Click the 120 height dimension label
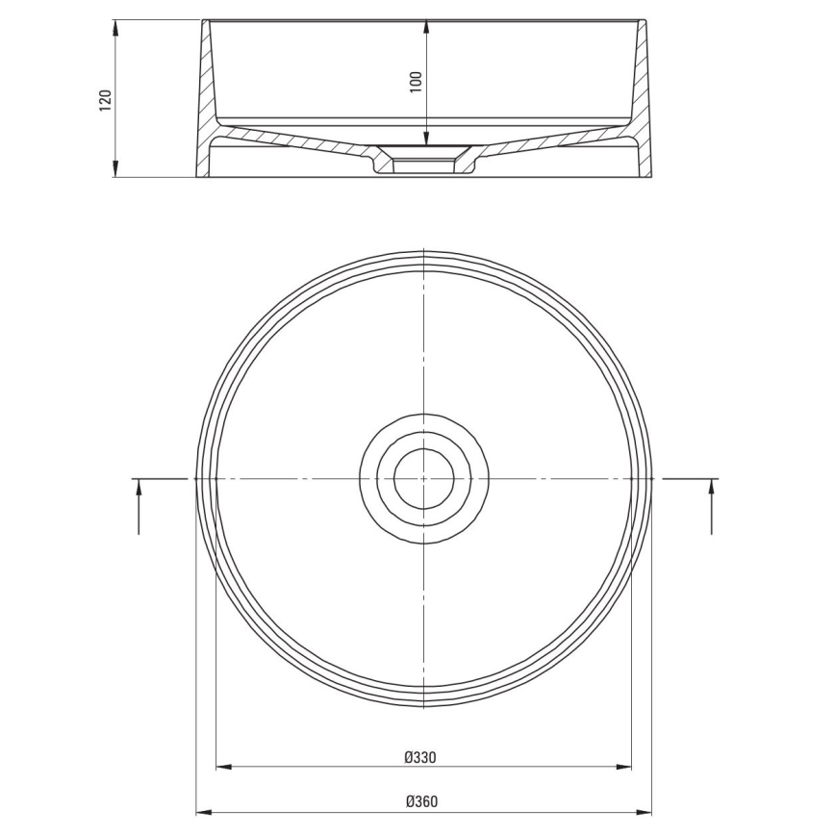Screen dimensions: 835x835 (x=106, y=99)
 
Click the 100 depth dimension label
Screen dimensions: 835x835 (x=416, y=81)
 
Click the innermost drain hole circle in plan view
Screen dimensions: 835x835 (x=423, y=478)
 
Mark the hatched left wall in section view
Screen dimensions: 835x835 (x=206, y=106)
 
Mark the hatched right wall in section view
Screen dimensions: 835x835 (x=643, y=106)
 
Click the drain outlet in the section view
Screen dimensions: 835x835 (x=423, y=159)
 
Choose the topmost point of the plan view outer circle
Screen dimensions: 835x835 (x=424, y=252)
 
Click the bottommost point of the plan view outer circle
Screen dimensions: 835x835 (x=424, y=707)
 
